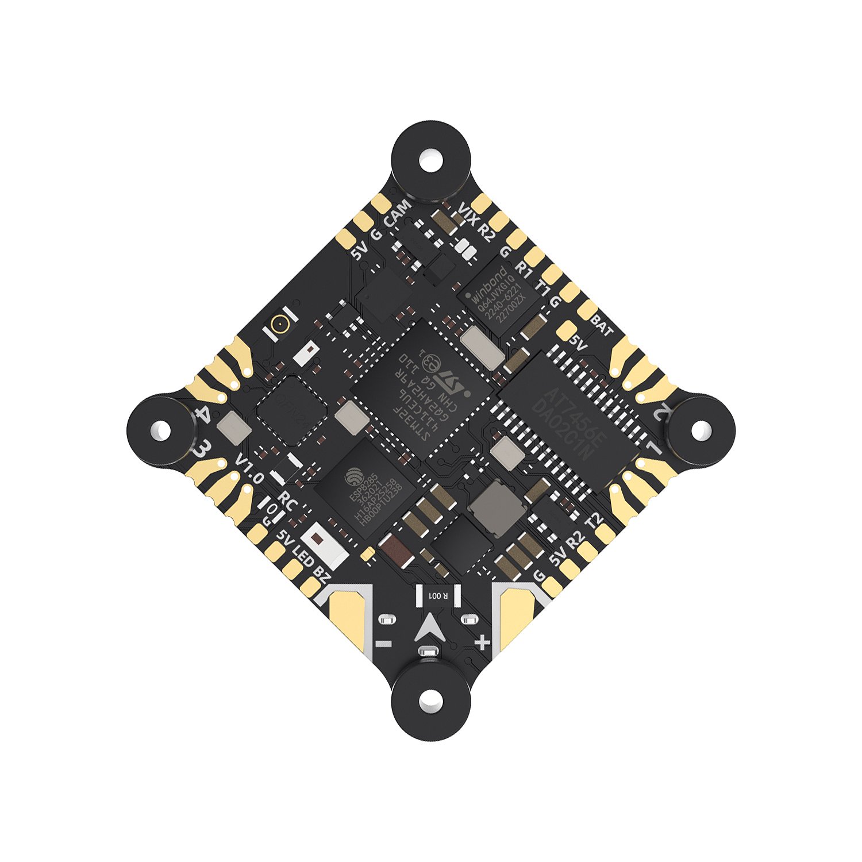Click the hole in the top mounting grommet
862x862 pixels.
[430, 157]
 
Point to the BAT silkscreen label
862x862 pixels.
[602, 326]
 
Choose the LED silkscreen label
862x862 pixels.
[303, 555]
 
